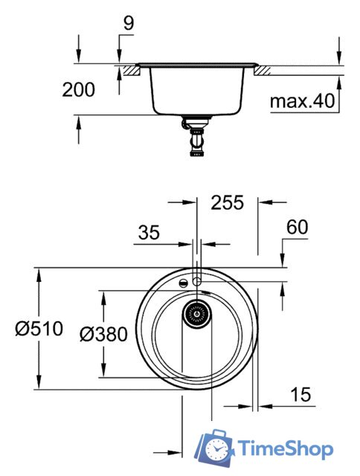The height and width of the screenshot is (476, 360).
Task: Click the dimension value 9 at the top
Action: point(128,24)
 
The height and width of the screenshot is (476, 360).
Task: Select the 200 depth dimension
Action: point(78,90)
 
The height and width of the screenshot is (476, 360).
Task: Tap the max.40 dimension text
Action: point(301,100)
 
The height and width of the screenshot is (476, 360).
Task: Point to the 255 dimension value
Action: point(228,202)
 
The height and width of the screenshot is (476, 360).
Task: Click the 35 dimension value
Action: point(148,233)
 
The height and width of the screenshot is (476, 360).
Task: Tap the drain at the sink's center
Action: point(197,314)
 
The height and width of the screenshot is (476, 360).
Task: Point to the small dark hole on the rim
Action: point(181,283)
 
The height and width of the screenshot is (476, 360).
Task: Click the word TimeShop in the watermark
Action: point(286,449)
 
